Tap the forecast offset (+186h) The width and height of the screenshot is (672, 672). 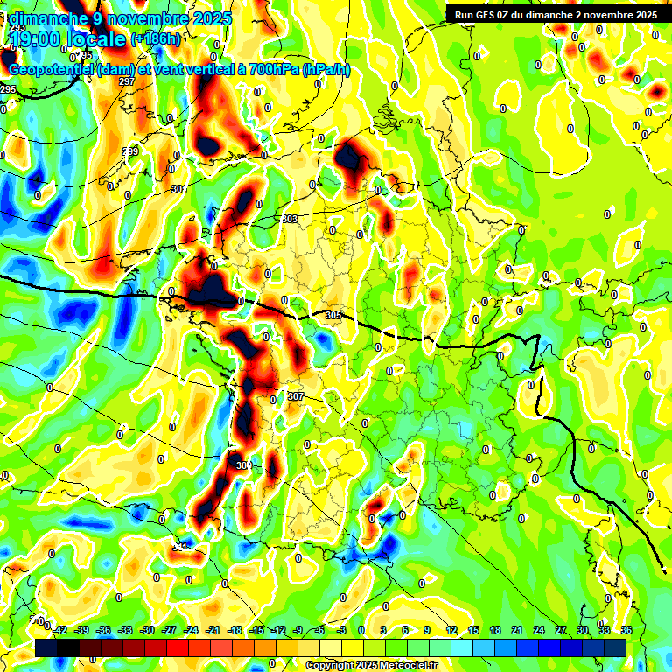click(156, 38)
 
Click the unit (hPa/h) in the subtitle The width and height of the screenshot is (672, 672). click(325, 69)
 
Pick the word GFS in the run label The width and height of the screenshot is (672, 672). click(490, 15)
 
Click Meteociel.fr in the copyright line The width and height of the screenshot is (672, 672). click(403, 665)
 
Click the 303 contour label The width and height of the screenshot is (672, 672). click(290, 220)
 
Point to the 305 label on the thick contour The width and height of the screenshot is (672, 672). click(332, 315)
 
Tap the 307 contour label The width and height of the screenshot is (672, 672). click(295, 396)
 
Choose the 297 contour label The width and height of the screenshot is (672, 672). click(127, 81)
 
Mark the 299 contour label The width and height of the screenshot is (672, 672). click(130, 151)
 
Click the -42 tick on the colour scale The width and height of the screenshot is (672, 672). click(59, 630)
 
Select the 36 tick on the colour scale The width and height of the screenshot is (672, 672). click(626, 630)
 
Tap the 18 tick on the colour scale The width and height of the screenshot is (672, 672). click(495, 630)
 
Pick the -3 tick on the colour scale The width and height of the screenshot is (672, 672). click(342, 630)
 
